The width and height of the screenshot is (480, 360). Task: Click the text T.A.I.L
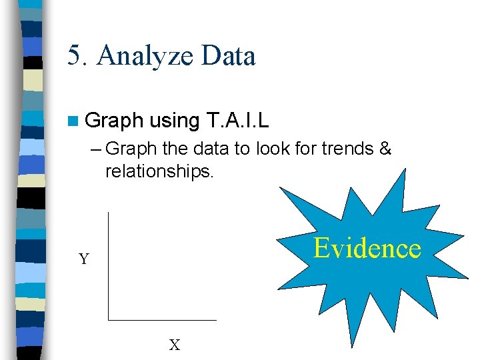pos(239,121)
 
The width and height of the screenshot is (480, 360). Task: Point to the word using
pos(175,121)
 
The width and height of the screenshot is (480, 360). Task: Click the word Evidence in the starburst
pos(367,248)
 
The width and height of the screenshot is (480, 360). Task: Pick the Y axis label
pos(84,259)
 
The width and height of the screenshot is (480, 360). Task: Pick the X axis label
pos(175,345)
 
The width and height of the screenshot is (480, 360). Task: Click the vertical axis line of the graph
pos(108,267)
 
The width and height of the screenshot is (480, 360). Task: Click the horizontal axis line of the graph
pos(163,319)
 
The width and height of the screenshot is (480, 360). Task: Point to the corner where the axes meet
pos(108,319)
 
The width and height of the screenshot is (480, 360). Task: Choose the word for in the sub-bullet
pos(305,149)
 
